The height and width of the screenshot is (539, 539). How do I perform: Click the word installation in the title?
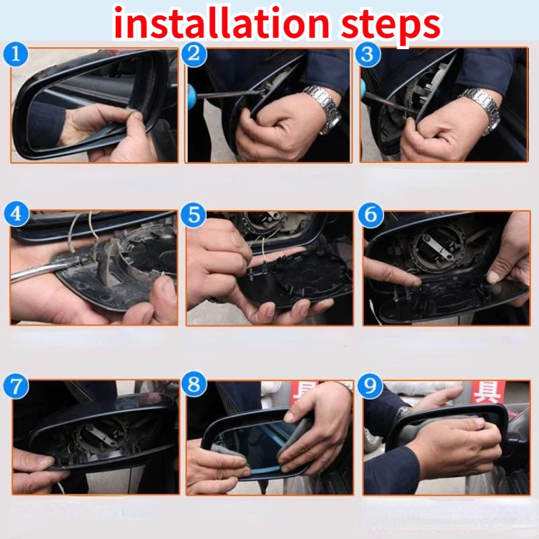(x=222, y=24)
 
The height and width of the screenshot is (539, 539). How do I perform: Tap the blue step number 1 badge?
(x=15, y=54)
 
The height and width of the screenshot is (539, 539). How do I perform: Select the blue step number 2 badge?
(x=194, y=54)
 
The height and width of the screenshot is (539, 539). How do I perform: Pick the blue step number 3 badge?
(x=368, y=54)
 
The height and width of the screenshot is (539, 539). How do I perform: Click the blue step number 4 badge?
(x=16, y=214)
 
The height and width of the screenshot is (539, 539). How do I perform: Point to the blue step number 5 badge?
(x=193, y=215)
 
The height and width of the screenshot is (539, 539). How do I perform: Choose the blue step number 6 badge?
(x=371, y=215)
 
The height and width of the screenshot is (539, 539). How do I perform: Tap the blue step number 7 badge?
(x=15, y=386)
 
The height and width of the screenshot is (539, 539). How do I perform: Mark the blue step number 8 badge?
(x=194, y=384)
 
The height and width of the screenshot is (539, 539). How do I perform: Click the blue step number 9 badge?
(x=370, y=385)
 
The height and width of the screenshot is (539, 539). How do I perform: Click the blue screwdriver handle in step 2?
(x=191, y=97)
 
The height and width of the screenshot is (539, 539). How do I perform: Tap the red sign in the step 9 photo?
(x=488, y=391)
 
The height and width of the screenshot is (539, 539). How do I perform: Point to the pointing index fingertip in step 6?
(x=415, y=281)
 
